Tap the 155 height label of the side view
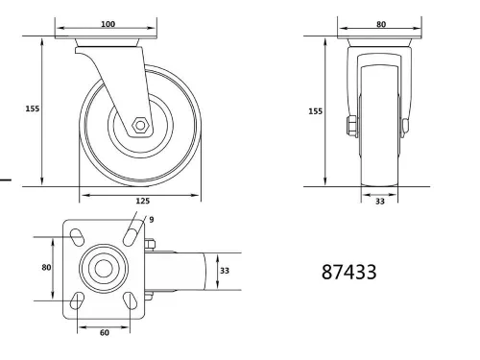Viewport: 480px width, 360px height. (32, 109)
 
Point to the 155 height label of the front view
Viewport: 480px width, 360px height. (316, 111)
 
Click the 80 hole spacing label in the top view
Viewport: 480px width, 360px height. (45, 268)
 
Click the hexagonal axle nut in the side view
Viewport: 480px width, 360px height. (140, 124)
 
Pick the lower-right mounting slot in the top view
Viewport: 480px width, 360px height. (130, 302)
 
